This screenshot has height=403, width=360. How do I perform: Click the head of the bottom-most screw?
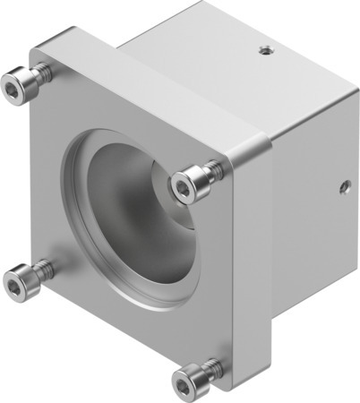click(187, 386)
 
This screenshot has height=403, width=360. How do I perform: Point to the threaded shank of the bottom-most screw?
click(210, 368)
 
